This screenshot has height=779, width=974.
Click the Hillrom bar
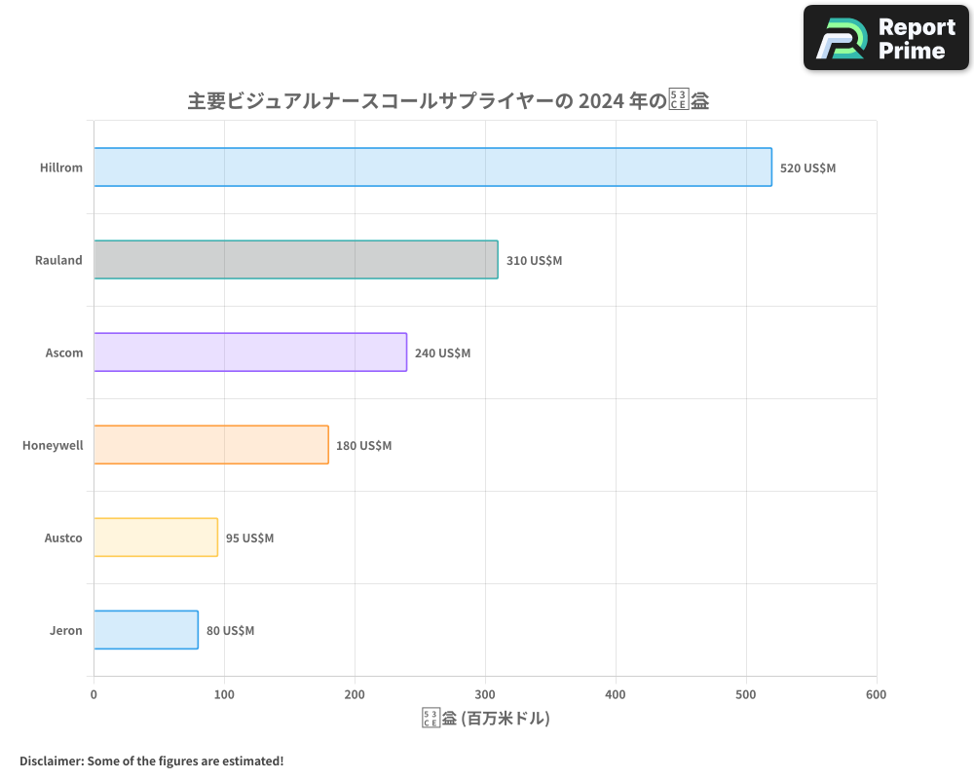tap(432, 167)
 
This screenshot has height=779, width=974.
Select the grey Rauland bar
tap(296, 260)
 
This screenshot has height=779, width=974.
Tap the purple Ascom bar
tap(250, 352)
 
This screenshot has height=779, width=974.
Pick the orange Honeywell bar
tap(211, 445)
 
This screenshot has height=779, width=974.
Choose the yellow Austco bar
tap(156, 538)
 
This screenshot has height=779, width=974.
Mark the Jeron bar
tap(146, 630)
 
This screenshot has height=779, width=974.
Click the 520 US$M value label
tap(807, 168)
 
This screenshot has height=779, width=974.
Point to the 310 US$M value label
tap(534, 261)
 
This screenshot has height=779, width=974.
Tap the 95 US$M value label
tap(249, 538)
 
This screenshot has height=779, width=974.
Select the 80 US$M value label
tap(230, 631)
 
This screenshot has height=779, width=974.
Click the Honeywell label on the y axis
tap(53, 446)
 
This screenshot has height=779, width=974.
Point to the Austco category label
tap(63, 538)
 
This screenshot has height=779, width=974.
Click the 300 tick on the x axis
tap(485, 694)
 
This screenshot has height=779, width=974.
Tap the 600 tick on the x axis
tap(876, 694)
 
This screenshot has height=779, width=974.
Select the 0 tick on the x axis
tap(94, 694)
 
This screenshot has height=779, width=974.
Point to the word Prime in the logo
tap(912, 51)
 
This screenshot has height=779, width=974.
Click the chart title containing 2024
tap(448, 101)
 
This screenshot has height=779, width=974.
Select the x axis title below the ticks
tap(485, 719)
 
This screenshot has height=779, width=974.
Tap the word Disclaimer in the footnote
tap(50, 760)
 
